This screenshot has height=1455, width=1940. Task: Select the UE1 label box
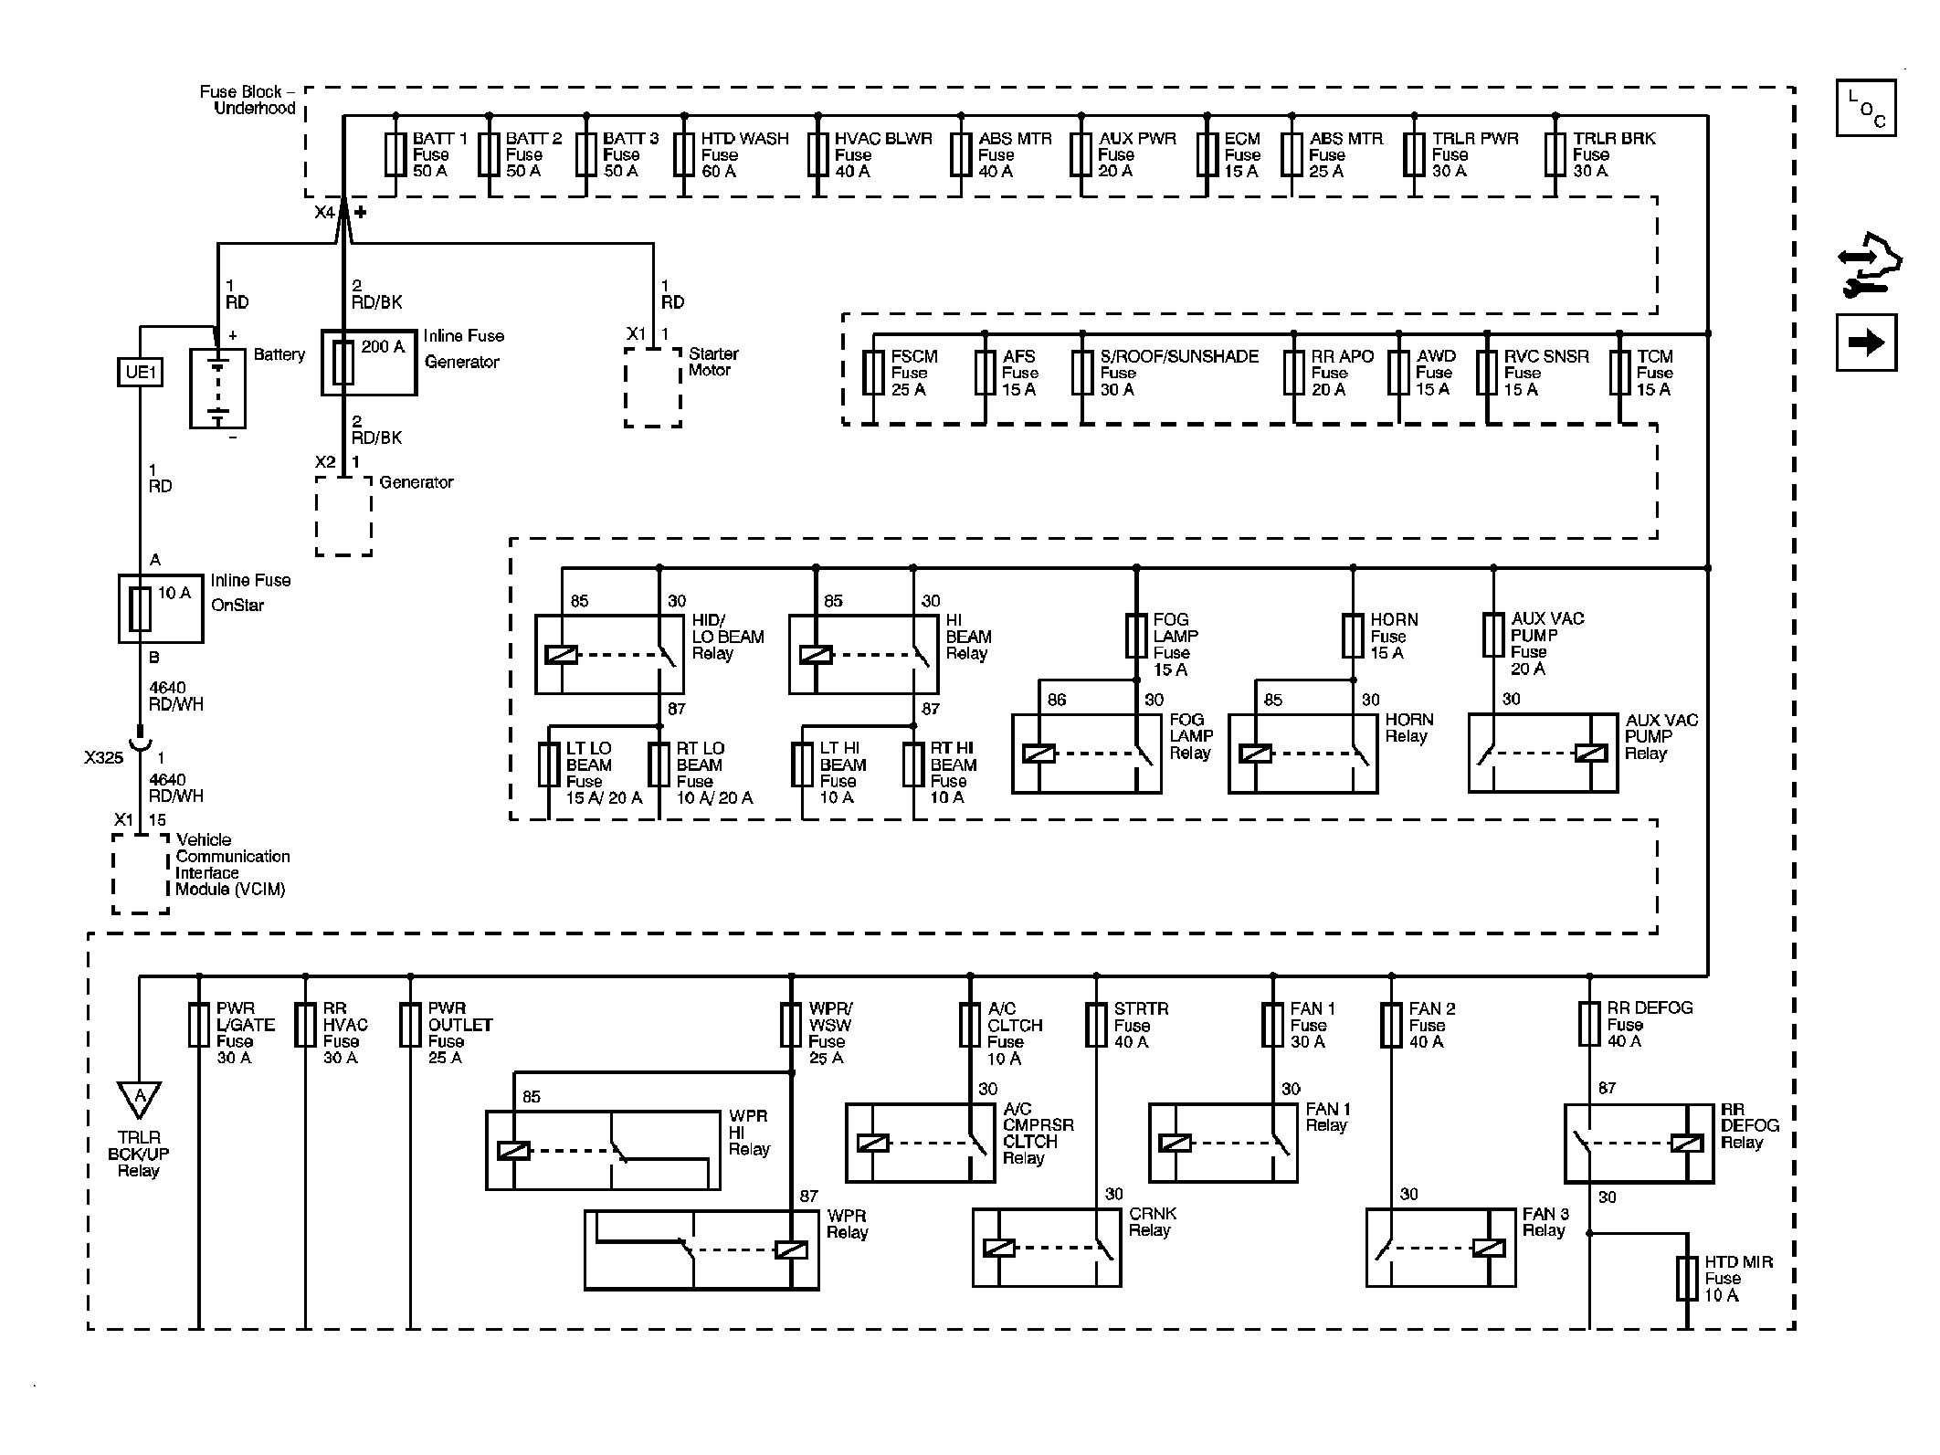[x=140, y=372]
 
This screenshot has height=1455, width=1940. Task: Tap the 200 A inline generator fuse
[x=343, y=362]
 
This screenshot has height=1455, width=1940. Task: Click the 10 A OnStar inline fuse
[x=140, y=609]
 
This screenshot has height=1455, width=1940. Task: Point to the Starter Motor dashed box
[x=653, y=387]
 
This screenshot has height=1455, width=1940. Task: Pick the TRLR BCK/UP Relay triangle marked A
[x=140, y=1099]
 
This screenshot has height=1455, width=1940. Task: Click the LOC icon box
[x=1866, y=108]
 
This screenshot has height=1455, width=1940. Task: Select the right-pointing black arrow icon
[x=1866, y=343]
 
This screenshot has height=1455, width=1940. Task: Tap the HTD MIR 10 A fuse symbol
[x=1687, y=1278]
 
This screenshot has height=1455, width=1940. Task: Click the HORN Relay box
[x=1302, y=753]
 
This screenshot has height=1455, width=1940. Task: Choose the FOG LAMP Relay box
[x=1086, y=753]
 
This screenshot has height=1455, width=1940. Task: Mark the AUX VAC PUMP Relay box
[x=1543, y=753]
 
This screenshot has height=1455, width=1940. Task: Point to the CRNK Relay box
[x=1047, y=1248]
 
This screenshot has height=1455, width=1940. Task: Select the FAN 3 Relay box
[x=1440, y=1248]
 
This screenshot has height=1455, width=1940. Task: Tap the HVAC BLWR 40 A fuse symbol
[x=817, y=154]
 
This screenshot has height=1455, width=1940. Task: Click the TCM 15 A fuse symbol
[x=1619, y=373]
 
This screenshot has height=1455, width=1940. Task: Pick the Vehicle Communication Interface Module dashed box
[x=141, y=873]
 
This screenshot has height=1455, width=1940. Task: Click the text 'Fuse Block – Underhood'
[x=248, y=100]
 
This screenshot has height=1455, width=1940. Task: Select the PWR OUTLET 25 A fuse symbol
[x=410, y=1025]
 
